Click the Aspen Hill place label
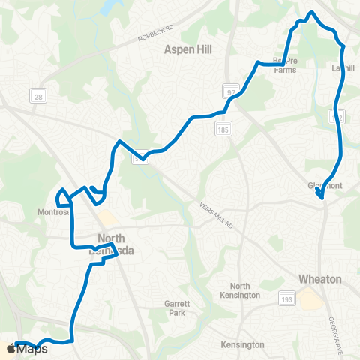point(189,49)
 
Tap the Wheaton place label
point(320,279)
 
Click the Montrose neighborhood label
point(53,212)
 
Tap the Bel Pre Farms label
point(284,66)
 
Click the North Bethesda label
point(115,245)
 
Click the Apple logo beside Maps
point(10,349)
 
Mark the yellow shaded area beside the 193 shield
point(308,299)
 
